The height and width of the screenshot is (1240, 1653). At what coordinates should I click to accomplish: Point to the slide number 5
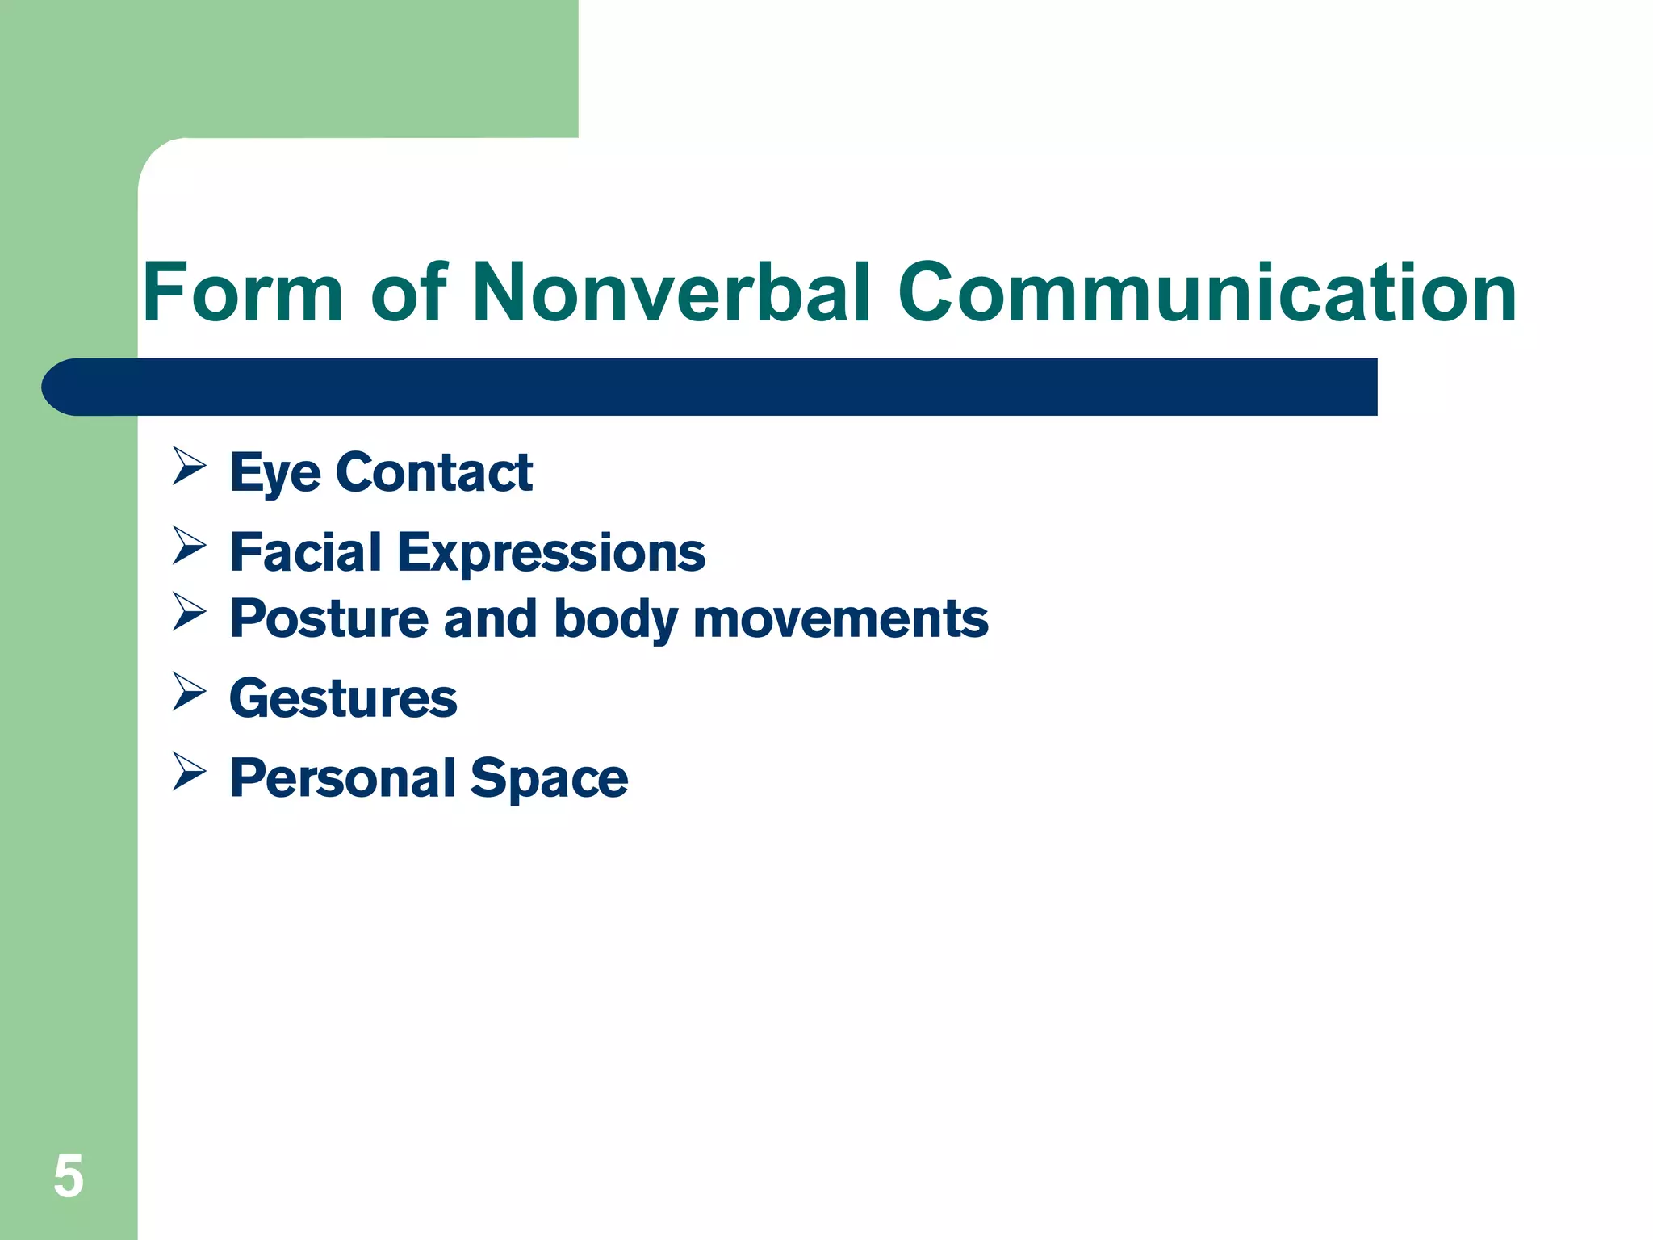[x=69, y=1177]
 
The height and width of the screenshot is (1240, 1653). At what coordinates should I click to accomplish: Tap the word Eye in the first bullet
[x=275, y=473]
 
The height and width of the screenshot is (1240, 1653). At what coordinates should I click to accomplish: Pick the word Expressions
[x=551, y=554]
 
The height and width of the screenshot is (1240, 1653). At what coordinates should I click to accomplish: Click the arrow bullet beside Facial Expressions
[x=189, y=546]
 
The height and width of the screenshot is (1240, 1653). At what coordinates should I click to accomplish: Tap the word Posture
[x=328, y=619]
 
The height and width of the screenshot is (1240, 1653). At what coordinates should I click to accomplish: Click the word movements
[x=840, y=619]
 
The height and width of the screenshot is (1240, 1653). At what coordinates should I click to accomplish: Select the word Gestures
[x=343, y=698]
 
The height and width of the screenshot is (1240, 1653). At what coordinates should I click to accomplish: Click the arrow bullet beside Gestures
[x=189, y=692]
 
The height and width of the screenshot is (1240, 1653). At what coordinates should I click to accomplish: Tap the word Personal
[x=343, y=778]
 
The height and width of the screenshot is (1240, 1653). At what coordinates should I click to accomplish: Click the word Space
[x=549, y=780]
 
